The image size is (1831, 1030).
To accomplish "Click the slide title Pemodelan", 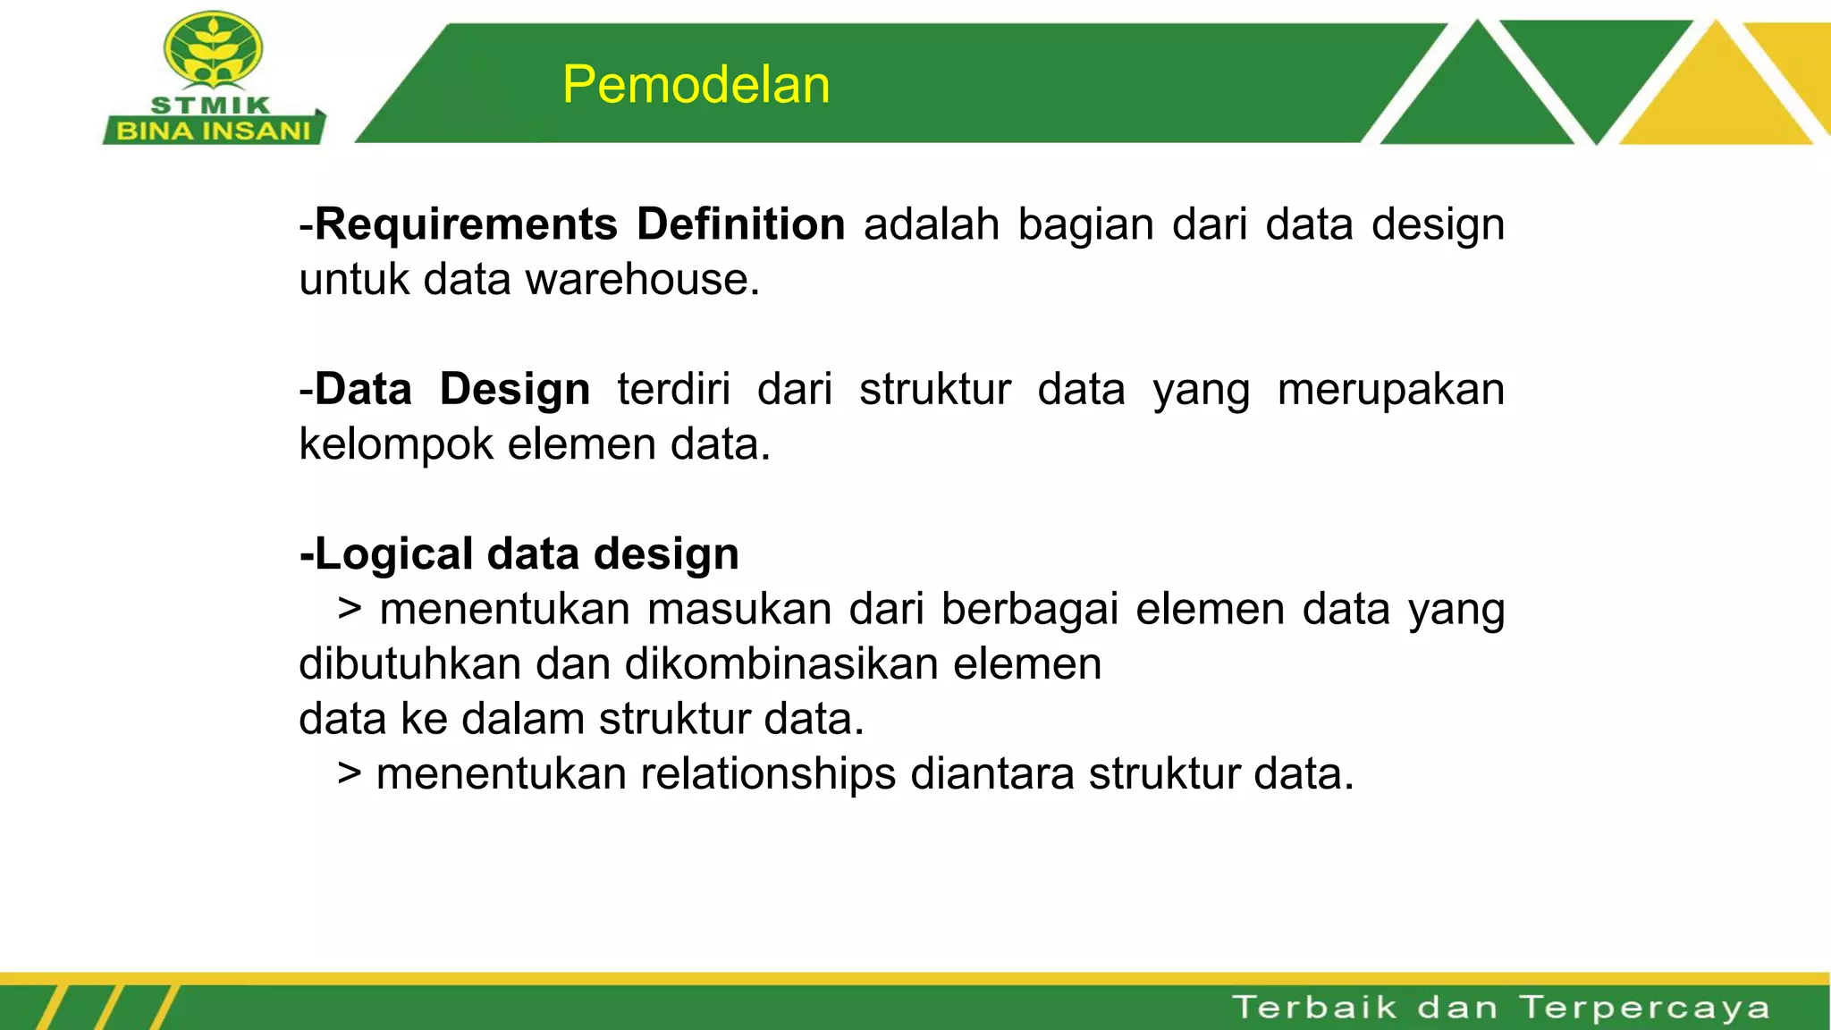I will (696, 85).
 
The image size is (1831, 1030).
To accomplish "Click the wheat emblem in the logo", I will (213, 50).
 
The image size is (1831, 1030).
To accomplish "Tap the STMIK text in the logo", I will (211, 106).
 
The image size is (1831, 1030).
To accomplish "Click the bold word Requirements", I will (466, 224).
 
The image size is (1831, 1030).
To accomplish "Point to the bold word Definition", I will (740, 224).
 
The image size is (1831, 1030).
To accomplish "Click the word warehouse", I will (642, 280).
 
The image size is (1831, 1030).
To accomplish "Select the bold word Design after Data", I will (514, 390).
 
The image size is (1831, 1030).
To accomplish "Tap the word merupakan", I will (1390, 390).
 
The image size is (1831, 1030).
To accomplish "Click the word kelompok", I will (396, 444).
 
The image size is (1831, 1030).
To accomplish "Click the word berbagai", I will (1029, 610).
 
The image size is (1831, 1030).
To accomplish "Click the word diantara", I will (992, 774).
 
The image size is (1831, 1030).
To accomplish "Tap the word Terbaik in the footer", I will (1314, 1008).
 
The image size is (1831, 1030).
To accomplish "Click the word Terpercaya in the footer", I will (1645, 1008).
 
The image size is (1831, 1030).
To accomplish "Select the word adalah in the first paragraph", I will (931, 224).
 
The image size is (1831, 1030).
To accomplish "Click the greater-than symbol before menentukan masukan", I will (350, 610).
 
